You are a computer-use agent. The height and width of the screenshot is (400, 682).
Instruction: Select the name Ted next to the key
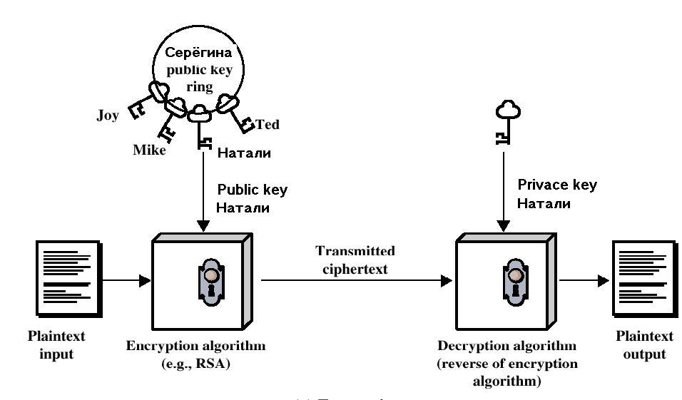tap(268, 125)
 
